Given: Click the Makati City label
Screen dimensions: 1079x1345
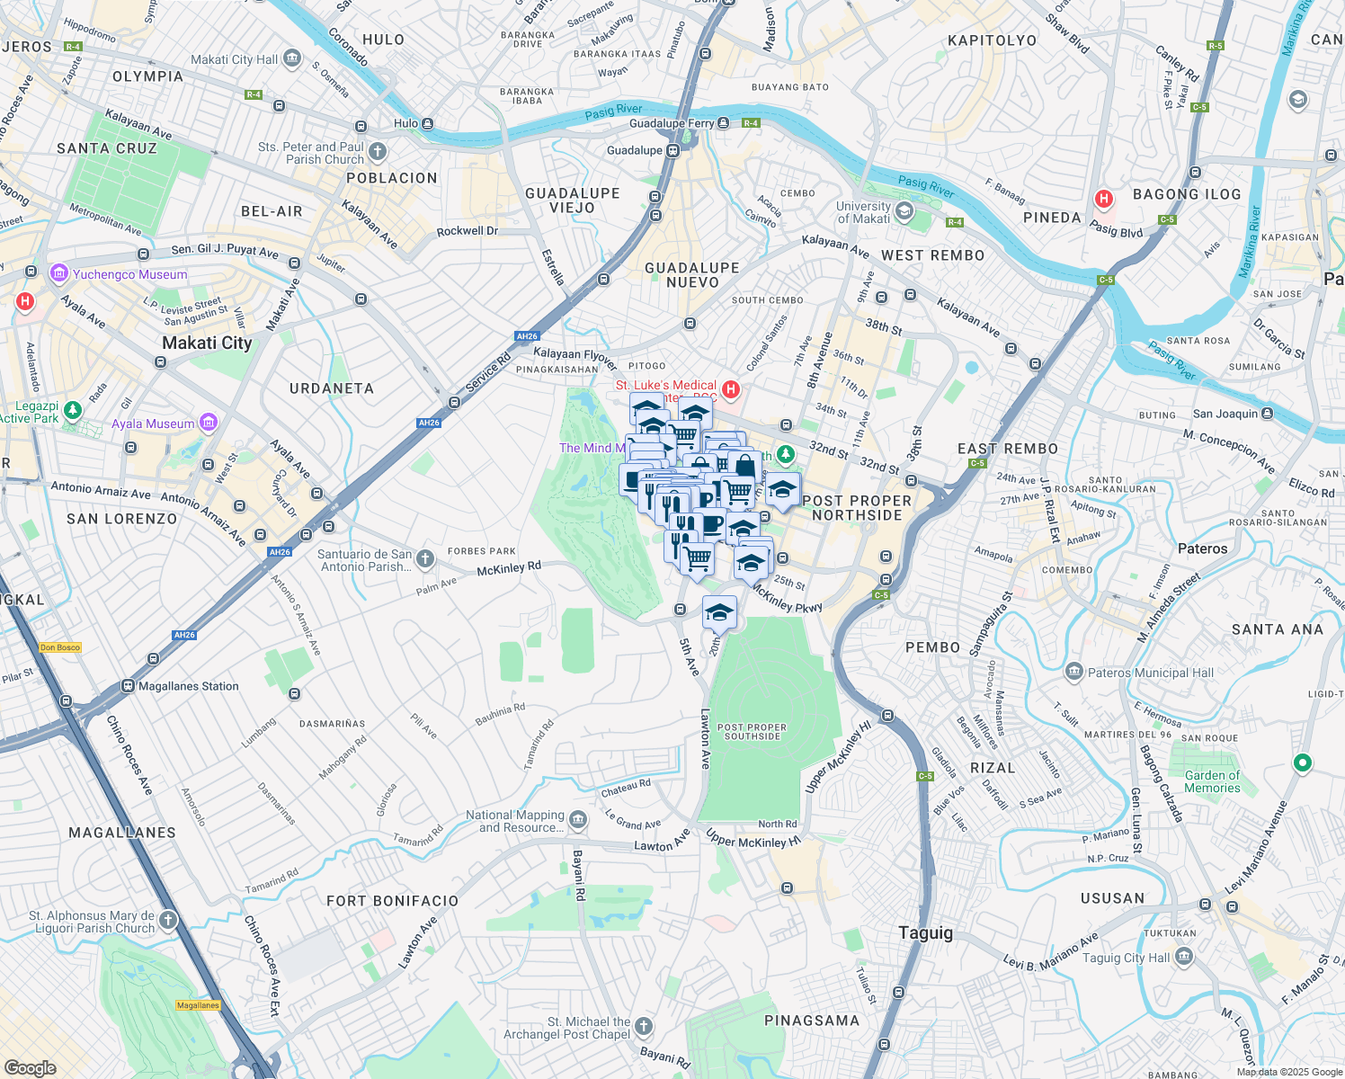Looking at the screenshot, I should [x=207, y=343].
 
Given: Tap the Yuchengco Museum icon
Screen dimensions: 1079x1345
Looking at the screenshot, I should [x=59, y=273].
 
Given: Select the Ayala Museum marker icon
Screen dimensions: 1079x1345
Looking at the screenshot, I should [x=209, y=422].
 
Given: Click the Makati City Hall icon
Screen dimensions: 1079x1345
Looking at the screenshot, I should [x=291, y=59].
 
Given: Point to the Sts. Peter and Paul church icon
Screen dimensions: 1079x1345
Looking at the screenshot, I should [x=378, y=151].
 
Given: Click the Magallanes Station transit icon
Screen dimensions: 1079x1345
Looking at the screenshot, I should [x=128, y=686].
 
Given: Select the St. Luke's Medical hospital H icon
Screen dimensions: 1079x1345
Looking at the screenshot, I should [x=731, y=389].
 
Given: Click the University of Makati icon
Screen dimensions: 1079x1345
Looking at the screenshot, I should [x=904, y=211].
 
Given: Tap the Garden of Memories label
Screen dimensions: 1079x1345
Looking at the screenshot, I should [x=1212, y=781].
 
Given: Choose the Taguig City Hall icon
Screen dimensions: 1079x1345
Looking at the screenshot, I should [x=1183, y=957].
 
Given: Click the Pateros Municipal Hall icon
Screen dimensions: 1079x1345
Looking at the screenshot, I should [x=1073, y=672].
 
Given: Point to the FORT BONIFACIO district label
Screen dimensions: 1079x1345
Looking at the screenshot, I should [x=392, y=901].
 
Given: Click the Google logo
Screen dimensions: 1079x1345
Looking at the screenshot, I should [x=31, y=1067].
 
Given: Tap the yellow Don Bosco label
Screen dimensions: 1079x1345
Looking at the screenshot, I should [x=60, y=647].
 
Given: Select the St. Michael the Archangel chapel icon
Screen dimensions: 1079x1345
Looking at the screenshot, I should [x=644, y=1026].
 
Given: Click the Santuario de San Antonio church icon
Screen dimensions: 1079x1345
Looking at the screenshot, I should [x=425, y=559].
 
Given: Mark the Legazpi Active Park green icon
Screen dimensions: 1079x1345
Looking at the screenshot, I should [x=73, y=410].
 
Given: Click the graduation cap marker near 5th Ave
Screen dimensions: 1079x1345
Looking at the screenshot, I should [x=719, y=612].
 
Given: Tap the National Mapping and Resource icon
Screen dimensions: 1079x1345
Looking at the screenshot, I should [x=578, y=819].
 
